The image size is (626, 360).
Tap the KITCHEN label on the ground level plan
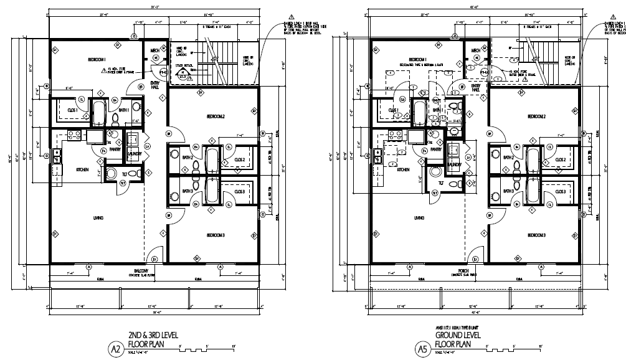pos(403,169)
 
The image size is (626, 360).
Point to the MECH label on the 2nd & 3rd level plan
pos(154,50)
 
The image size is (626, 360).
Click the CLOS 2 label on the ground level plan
pos(559,159)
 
